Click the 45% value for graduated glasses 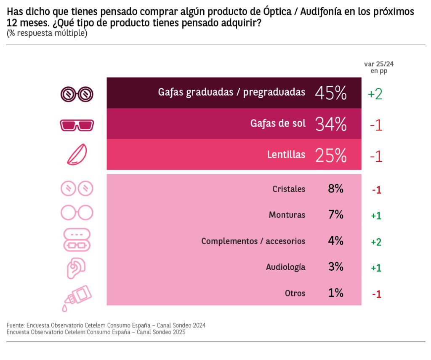coord(330,93)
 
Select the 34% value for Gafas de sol coord(330,124)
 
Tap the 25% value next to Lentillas coord(330,155)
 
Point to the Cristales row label coord(289,189)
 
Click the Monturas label coord(287,215)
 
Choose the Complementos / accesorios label coord(253,241)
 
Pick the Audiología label coord(286,267)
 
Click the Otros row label coord(295,293)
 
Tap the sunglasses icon coord(77,125)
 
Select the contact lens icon coord(77,155)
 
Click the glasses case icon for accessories coord(77,240)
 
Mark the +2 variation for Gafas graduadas coord(375,94)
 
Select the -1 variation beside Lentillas coord(376,156)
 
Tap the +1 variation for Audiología coord(376,268)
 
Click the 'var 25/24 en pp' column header coord(379,67)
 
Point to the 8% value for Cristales coord(335,189)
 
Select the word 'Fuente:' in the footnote coord(16,325)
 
